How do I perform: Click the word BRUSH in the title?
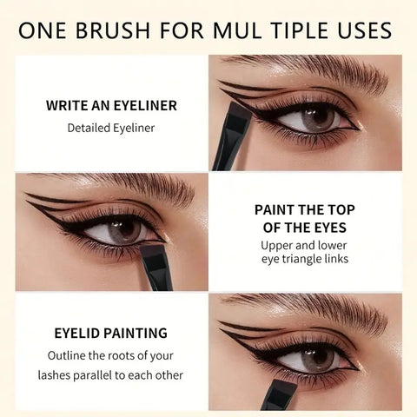click(113, 30)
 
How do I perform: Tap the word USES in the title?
click(365, 30)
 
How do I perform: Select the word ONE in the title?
click(43, 30)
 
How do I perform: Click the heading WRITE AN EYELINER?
click(111, 105)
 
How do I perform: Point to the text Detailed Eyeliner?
click(111, 128)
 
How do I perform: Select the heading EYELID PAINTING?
click(111, 333)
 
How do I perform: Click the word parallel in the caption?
click(92, 375)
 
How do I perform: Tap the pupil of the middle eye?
click(122, 228)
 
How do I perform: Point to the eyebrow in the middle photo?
click(116, 184)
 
